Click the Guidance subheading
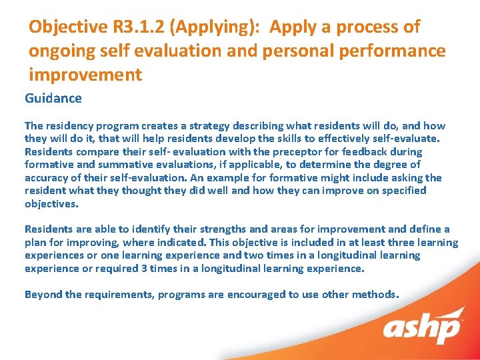(53, 99)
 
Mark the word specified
(403, 191)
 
